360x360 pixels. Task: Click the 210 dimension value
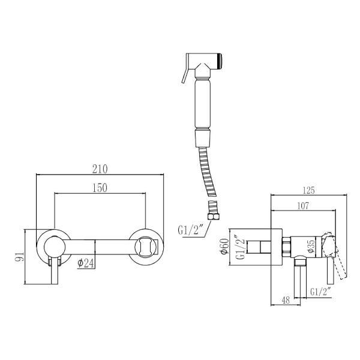tap(100, 169)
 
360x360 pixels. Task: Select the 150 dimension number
tap(100, 188)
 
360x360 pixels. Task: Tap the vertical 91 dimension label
tap(19, 256)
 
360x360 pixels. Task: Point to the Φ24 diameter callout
tap(85, 263)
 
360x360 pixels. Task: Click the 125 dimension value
tap(308, 190)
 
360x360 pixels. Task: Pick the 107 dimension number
tap(303, 206)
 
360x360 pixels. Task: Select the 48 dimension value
tap(286, 300)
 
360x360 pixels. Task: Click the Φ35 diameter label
tap(311, 247)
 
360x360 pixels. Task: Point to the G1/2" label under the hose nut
tap(191, 230)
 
